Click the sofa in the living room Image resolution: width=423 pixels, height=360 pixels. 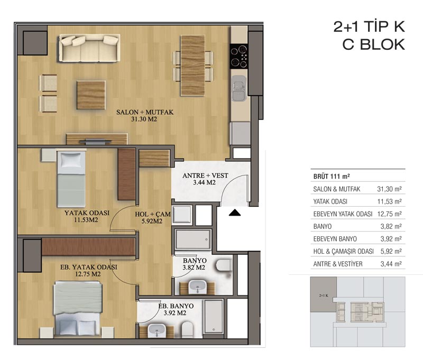tap(89, 48)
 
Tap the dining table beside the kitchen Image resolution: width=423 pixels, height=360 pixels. tap(192, 66)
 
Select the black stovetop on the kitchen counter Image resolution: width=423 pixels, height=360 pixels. tap(238, 56)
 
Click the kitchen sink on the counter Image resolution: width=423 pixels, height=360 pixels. tap(239, 88)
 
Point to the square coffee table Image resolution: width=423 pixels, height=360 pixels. tap(91, 95)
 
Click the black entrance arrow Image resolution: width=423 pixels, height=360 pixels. tap(235, 213)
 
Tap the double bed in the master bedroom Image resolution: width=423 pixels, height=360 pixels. tap(78, 309)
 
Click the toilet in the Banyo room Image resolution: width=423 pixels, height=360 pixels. tap(223, 265)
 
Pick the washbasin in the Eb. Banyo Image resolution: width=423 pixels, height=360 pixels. tap(157, 330)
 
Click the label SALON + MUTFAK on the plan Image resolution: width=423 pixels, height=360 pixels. tap(144, 112)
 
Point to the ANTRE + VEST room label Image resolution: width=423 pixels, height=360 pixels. tap(205, 176)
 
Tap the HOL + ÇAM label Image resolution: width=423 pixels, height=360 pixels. tap(153, 215)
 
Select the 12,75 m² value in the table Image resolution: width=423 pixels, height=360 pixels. tap(390, 214)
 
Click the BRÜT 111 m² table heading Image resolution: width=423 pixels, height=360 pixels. tap(332, 177)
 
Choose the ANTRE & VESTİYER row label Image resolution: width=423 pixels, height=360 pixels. tap(338, 264)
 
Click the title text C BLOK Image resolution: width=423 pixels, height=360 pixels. tap(374, 44)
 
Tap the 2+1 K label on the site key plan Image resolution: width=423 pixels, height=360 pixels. tap(324, 296)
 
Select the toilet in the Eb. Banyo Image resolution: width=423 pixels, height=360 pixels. tap(188, 329)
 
